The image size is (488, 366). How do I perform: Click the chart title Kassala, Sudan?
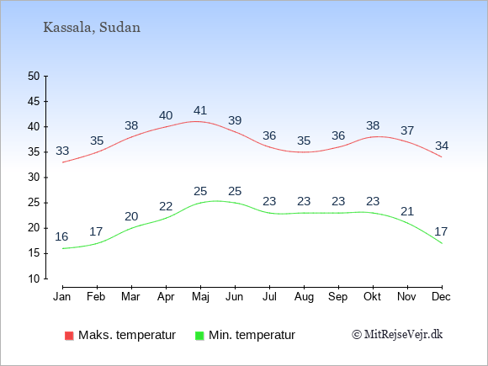[x=92, y=28]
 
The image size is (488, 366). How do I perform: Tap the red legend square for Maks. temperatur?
[x=69, y=336]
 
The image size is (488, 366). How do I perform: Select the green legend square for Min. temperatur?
[x=199, y=336]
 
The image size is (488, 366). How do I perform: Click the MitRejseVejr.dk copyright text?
[x=397, y=335]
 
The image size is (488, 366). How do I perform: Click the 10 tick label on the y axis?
[x=34, y=278]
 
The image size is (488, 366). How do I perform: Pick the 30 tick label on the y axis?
[x=34, y=178]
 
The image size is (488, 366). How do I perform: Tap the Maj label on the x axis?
[x=200, y=297]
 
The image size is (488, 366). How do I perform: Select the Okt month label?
[x=372, y=297]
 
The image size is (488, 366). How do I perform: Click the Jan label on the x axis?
[x=62, y=297]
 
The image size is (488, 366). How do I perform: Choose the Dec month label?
[x=442, y=297]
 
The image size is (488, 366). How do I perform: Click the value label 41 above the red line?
[x=200, y=110]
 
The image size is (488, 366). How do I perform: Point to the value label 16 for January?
[x=61, y=236]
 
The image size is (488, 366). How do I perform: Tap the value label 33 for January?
[x=62, y=151]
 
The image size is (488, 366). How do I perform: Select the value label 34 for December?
[x=442, y=146]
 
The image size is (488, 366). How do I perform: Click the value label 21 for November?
[x=407, y=212]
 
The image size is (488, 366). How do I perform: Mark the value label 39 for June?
[x=235, y=120]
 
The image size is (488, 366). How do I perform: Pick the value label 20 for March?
[x=131, y=216]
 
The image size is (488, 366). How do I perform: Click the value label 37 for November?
[x=407, y=130]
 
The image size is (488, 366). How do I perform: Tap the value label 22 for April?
[x=166, y=206]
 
